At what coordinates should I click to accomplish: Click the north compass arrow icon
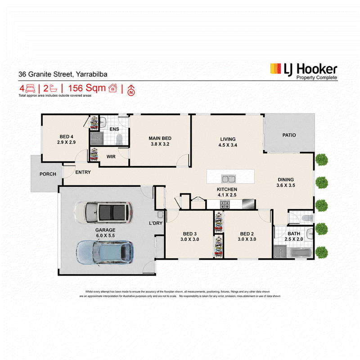tap(131, 90)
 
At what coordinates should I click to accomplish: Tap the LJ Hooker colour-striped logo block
tap(275, 69)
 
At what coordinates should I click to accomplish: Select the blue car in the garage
tap(105, 252)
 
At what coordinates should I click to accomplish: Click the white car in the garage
tap(103, 212)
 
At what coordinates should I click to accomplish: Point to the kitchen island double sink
tap(228, 179)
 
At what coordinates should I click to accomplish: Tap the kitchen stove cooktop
tap(225, 204)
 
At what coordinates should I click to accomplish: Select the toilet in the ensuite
tap(119, 139)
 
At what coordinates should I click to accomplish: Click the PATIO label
tap(289, 135)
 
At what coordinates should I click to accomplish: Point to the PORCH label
tap(48, 174)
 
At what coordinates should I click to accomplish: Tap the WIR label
tap(111, 157)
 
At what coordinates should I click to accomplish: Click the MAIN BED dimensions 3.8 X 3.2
tap(160, 144)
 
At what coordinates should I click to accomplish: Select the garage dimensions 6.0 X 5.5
tap(105, 235)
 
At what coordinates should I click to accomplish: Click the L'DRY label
tap(156, 223)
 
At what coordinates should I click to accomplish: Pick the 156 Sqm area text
tap(87, 88)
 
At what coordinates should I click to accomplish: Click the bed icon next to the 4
tap(30, 88)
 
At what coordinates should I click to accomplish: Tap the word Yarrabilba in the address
tap(92, 74)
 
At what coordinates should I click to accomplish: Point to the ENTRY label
tap(83, 172)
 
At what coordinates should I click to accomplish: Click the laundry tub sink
tap(160, 215)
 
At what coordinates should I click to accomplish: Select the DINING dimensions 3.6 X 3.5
tap(286, 185)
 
